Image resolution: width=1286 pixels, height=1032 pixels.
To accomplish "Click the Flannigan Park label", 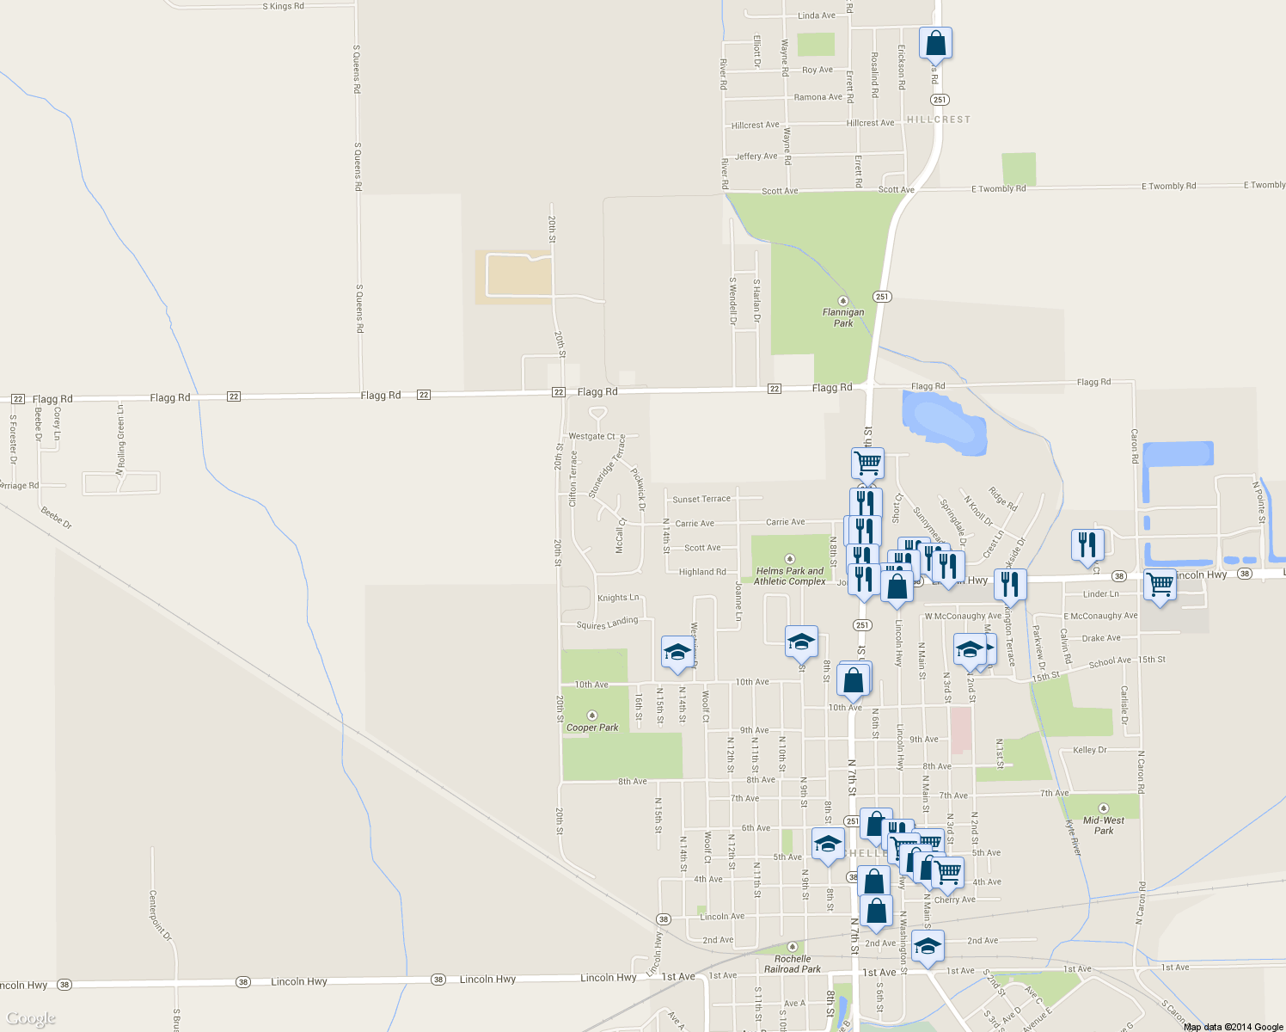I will coord(843,317).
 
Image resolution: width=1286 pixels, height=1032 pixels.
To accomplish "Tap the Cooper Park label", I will coord(592,728).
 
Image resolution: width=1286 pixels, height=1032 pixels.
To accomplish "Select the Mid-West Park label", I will coord(1104,826).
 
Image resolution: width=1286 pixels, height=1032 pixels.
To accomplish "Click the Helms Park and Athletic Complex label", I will coord(790,576).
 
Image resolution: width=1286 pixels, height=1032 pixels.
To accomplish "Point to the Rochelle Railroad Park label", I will coord(793,964).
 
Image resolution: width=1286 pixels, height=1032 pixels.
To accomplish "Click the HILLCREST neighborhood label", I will coord(939,120).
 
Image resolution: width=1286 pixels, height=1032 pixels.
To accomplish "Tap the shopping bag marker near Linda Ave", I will coord(935,43).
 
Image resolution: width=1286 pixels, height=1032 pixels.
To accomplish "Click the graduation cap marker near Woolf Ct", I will coord(677,652).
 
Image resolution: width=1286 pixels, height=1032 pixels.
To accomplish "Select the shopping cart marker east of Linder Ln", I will coord(1160,585).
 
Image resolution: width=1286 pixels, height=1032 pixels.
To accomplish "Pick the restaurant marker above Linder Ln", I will coord(1087,545).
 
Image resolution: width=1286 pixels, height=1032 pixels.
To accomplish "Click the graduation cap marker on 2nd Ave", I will coord(928,946).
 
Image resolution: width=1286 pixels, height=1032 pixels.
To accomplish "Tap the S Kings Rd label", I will coord(284,6).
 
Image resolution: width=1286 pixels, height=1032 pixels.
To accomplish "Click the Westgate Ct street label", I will coord(591,437).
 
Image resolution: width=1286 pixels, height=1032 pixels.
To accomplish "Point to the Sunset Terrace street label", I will coord(701,499).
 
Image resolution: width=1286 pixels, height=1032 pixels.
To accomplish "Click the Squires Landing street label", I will coord(608,623).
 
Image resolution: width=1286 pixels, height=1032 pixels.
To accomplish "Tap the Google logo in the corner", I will coord(31,1018).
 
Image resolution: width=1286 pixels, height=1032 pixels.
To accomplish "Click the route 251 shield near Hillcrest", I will coord(940,100).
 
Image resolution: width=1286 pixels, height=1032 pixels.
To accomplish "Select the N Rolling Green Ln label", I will coord(120,439).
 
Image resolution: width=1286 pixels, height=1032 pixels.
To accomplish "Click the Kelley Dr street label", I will coord(1090,750).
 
